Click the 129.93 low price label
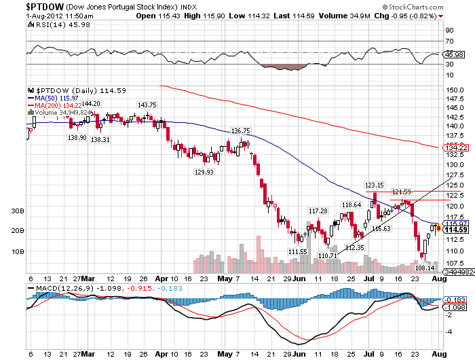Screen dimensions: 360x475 point(204,173)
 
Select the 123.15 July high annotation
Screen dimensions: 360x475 point(375,185)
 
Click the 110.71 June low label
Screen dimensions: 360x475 point(328,255)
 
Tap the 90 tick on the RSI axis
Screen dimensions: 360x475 point(449,31)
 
